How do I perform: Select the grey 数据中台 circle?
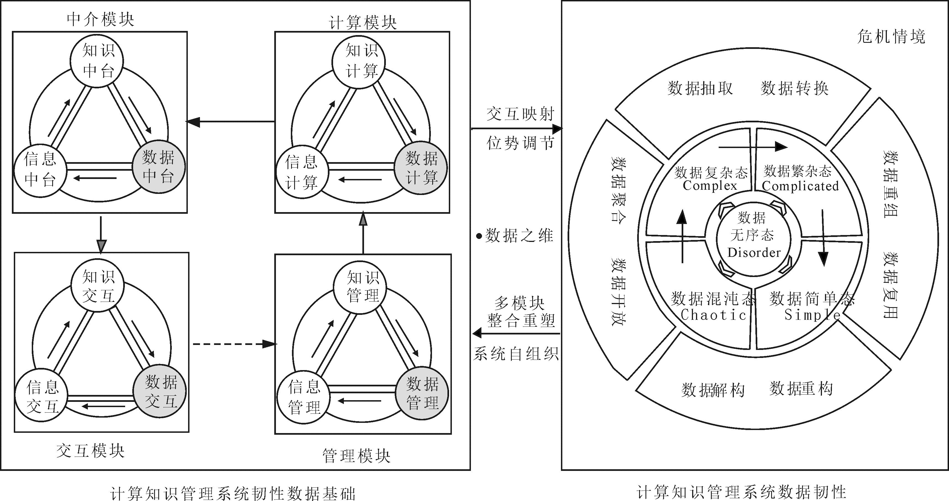point(159,167)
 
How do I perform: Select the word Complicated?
point(800,186)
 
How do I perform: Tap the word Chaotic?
point(713,315)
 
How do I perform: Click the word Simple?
point(812,315)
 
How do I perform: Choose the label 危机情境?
point(891,37)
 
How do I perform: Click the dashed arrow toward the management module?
point(234,344)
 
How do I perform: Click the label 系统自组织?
point(516,354)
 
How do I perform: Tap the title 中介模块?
point(100,19)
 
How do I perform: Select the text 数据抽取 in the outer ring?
point(700,88)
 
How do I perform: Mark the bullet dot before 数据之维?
point(479,236)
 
